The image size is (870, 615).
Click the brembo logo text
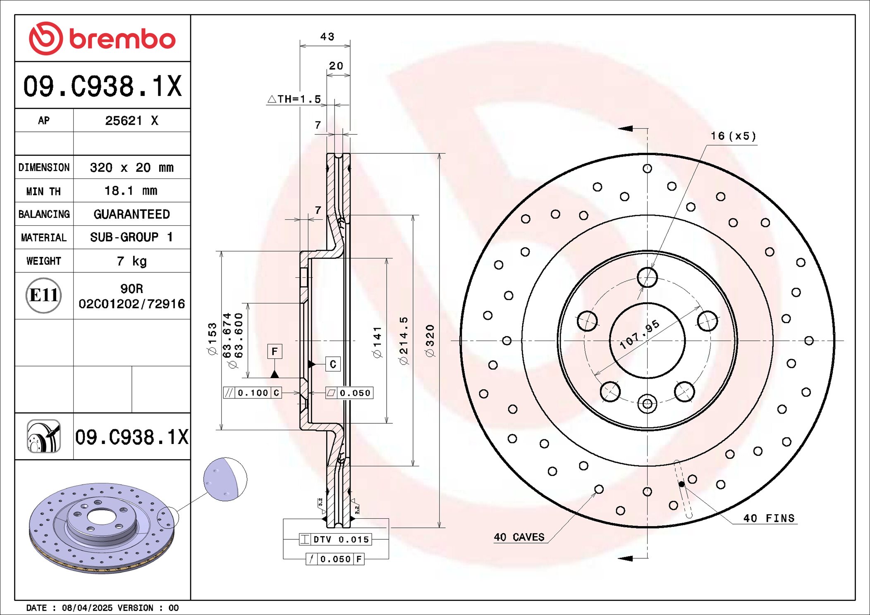(x=122, y=39)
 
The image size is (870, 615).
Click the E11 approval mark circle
(x=43, y=295)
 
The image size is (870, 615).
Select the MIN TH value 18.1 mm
(x=131, y=191)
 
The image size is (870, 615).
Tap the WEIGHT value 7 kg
(x=131, y=261)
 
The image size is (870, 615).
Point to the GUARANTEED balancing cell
(x=131, y=214)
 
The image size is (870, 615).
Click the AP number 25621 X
(x=131, y=120)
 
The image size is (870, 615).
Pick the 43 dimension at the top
(x=327, y=36)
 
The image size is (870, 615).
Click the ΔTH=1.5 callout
(x=294, y=99)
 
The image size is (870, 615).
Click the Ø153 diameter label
(x=212, y=338)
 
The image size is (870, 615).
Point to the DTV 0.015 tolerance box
(x=335, y=539)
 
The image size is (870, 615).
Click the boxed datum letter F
(x=275, y=351)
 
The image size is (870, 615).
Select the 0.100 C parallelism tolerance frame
(x=252, y=393)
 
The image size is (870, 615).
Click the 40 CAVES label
(x=519, y=537)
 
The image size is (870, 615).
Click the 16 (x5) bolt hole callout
(x=733, y=136)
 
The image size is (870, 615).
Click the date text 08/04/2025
(x=87, y=608)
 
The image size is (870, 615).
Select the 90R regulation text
(x=131, y=288)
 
